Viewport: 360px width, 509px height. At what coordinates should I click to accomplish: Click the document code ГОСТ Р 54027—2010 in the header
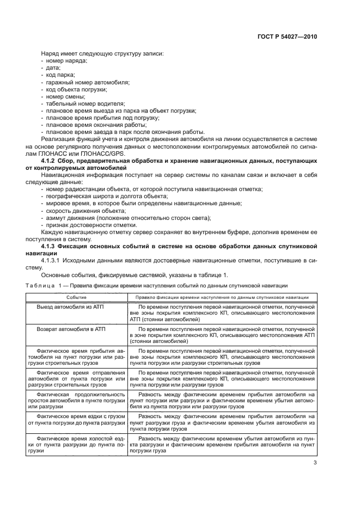click(287, 36)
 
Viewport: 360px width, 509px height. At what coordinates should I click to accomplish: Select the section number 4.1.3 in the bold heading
click(51, 247)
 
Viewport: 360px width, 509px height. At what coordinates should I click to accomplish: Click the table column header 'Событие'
click(77, 297)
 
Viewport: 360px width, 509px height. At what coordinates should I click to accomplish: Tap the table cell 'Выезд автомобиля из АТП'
click(70, 308)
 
